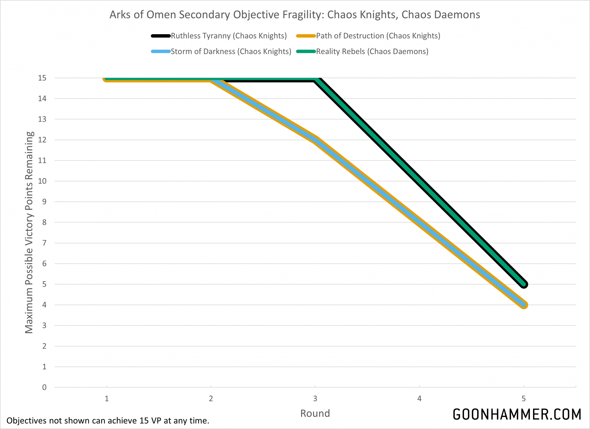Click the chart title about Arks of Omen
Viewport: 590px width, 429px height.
pos(295,14)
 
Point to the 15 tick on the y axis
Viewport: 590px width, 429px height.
pos(42,78)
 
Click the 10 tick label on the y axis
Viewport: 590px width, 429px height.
pos(42,181)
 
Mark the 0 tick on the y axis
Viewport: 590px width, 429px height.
pos(44,387)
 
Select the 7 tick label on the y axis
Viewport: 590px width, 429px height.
pos(44,243)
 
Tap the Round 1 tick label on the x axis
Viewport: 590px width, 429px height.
pos(106,399)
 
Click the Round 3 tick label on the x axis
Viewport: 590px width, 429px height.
pos(315,399)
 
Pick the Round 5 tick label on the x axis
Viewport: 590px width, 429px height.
pos(524,399)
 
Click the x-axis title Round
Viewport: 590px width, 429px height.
pos(315,413)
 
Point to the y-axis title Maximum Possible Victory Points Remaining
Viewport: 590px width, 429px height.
pos(29,233)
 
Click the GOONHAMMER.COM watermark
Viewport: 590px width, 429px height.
pos(517,415)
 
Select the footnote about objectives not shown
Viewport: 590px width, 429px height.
pos(108,420)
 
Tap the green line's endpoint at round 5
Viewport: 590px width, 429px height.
pos(524,284)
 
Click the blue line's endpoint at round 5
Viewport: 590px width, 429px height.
pos(524,305)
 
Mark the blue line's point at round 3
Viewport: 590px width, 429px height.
pos(315,140)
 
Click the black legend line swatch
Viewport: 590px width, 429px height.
pos(161,36)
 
